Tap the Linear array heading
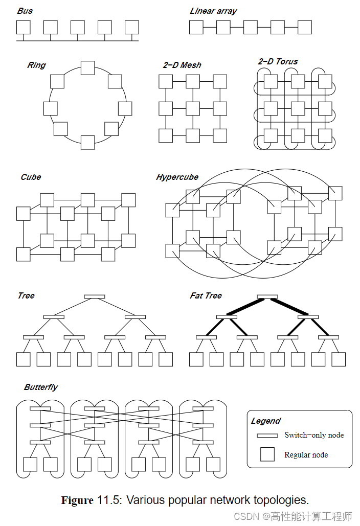[213, 11]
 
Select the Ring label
[36, 65]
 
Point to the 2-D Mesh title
[182, 65]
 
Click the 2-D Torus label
[278, 61]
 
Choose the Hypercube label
[177, 177]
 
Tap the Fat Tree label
[206, 295]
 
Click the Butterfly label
[41, 387]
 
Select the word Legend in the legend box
[265, 421]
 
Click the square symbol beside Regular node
[267, 454]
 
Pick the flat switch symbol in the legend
[267, 436]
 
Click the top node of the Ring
[88, 67]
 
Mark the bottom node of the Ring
[88, 142]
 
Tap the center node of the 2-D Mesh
[193, 108]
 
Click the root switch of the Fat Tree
[267, 296]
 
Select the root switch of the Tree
[95, 296]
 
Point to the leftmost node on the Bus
[24, 27]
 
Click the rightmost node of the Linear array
[305, 27]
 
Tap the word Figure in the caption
[77, 500]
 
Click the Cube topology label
[31, 177]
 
